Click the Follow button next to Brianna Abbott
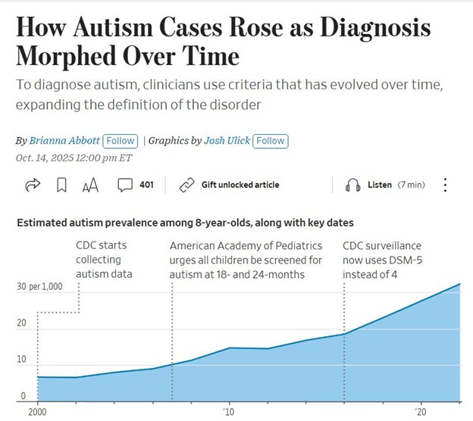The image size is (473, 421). [121, 141]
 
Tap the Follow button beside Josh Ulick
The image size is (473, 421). [271, 141]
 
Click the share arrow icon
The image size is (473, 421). [33, 185]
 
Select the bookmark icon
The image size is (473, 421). [62, 186]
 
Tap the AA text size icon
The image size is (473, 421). [90, 186]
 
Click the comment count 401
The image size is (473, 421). [146, 185]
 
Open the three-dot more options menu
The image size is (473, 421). [445, 186]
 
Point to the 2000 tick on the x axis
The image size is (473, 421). [37, 412]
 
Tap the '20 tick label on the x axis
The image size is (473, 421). [419, 412]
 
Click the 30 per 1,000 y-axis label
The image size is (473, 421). [39, 288]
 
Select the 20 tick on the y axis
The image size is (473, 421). [22, 323]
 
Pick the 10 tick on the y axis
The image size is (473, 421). [22, 360]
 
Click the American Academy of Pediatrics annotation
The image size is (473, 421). [246, 246]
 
